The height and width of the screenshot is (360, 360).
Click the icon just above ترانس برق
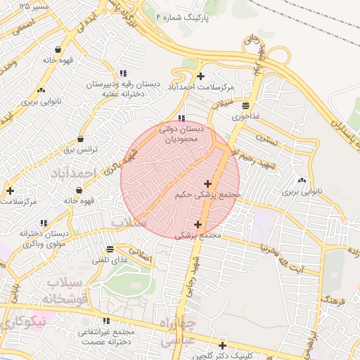click(81, 139)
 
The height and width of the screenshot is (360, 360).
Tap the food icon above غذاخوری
click(245, 105)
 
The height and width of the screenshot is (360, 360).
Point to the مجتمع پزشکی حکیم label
click(207, 194)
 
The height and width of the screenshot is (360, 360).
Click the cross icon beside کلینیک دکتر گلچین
click(222, 345)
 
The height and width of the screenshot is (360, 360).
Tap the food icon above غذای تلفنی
click(110, 249)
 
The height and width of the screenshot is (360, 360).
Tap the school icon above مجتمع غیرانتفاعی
click(106, 321)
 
